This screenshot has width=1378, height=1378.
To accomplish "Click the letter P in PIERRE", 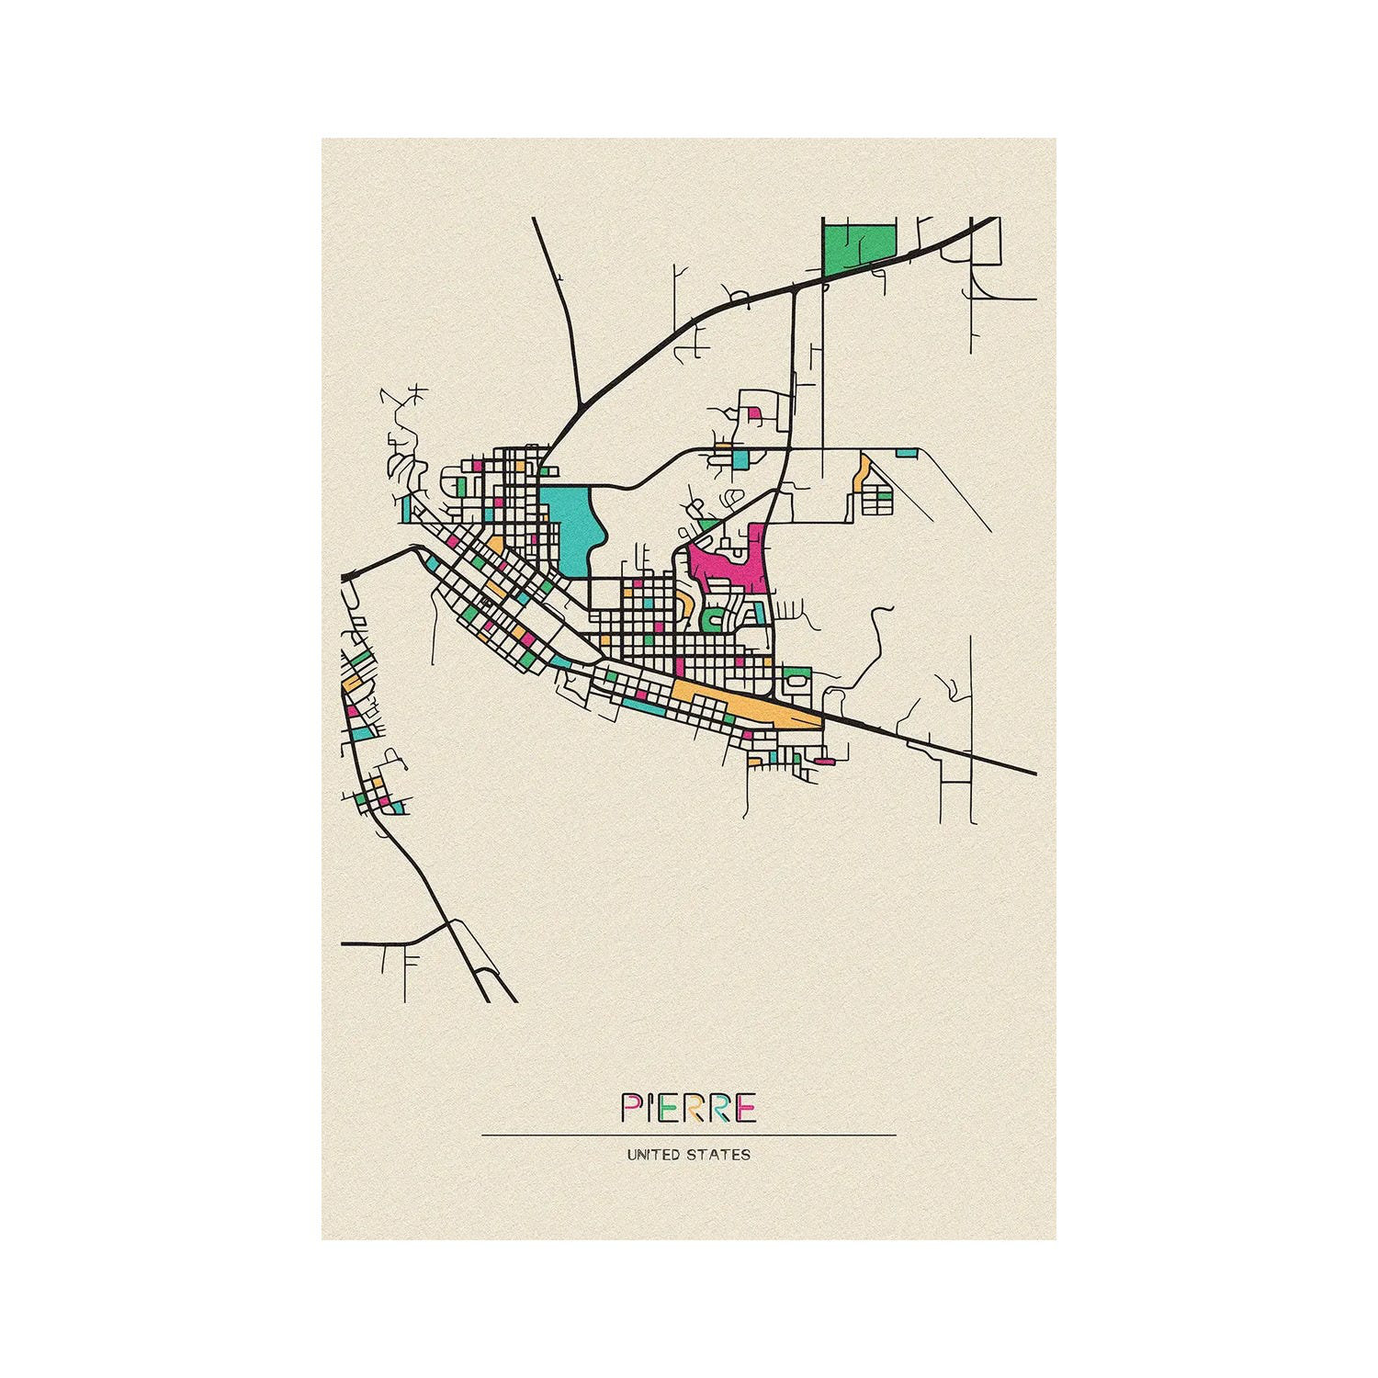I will pos(631,1108).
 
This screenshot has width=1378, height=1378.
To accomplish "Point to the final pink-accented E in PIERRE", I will pos(745,1108).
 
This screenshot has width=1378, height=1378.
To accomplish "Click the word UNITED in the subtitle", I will pos(653,1154).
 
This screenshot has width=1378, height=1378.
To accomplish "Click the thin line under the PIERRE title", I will pos(689,1135).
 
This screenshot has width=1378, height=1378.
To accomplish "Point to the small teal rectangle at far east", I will pos(906,452).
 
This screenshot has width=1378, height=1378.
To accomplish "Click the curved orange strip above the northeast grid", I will pos(861,473).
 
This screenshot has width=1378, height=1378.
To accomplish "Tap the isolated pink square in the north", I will pos(755,414).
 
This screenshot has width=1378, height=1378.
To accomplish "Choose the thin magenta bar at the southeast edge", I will pos(824,761).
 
